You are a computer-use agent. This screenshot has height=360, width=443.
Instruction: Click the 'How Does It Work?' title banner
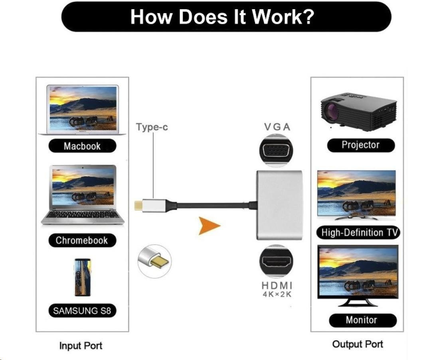pyautogui.click(x=226, y=16)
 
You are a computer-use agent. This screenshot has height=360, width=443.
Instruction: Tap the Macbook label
pyautogui.click(x=82, y=146)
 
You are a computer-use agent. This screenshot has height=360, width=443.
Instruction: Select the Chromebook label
pyautogui.click(x=82, y=240)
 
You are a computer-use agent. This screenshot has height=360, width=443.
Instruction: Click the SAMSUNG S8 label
pyautogui.click(x=82, y=311)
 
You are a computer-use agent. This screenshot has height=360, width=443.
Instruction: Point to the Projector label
pyautogui.click(x=361, y=145)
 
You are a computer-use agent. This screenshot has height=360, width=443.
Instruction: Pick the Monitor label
pyautogui.click(x=363, y=320)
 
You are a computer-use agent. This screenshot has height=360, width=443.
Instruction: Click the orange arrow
pyautogui.click(x=209, y=226)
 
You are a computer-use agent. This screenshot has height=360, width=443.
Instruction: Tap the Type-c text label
pyautogui.click(x=152, y=127)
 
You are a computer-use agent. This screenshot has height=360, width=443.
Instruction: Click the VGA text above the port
pyautogui.click(x=277, y=127)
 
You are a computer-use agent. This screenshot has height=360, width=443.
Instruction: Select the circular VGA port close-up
pyautogui.click(x=276, y=151)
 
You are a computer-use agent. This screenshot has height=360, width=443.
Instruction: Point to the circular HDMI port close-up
pyautogui.click(x=276, y=262)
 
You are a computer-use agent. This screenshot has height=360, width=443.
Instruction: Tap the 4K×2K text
pyautogui.click(x=277, y=294)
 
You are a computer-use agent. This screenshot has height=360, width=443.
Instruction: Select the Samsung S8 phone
pyautogui.click(x=83, y=277)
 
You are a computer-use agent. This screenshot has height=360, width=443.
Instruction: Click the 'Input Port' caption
pyautogui.click(x=81, y=346)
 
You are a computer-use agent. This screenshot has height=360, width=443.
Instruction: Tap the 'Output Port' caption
pyautogui.click(x=358, y=344)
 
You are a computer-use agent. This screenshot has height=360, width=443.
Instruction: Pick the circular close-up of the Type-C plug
pyautogui.click(x=154, y=261)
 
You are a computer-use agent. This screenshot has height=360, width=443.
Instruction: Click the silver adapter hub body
pyautogui.click(x=279, y=205)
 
